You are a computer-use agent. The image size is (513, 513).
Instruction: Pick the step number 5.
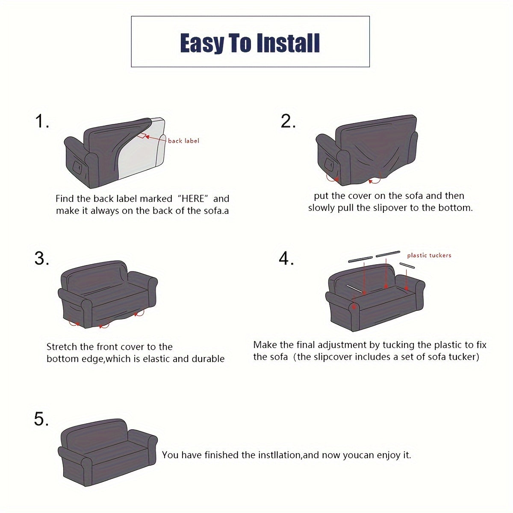[x=41, y=419]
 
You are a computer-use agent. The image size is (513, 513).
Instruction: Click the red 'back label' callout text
[x=183, y=141]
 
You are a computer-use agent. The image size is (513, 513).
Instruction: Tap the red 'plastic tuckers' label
[x=429, y=255]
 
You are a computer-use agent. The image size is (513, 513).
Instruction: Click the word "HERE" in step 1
[x=192, y=199]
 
